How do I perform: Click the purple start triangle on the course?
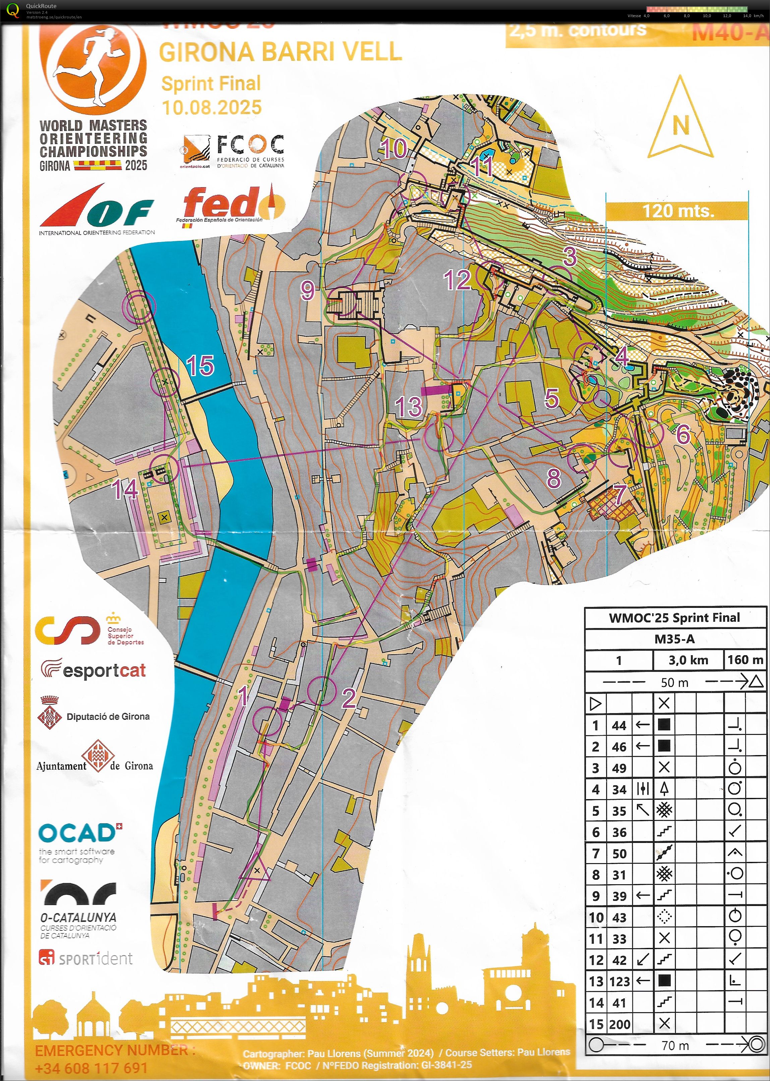tap(255, 867)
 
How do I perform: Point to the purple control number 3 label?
tap(570, 257)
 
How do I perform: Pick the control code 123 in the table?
tap(619, 981)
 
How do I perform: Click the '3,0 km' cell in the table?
tap(688, 660)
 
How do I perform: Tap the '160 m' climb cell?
tap(745, 660)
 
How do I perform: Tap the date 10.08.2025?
tap(212, 107)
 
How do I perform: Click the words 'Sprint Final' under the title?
tap(211, 83)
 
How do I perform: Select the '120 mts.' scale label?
tap(678, 211)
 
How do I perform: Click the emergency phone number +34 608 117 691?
tap(91, 1068)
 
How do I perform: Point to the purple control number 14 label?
tap(125, 489)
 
